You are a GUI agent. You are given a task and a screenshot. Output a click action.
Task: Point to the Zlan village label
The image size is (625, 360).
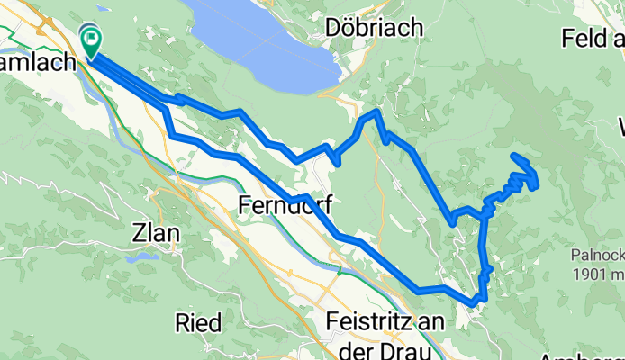click(155, 233)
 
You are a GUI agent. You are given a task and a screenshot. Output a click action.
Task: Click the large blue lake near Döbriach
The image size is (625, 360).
click(261, 45)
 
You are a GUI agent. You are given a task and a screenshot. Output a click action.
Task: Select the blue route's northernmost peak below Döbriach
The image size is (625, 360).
click(376, 112)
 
